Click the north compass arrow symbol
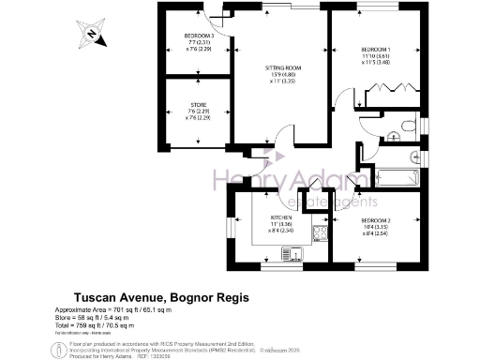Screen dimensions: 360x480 [91, 35]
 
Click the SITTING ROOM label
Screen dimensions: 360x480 [281, 67]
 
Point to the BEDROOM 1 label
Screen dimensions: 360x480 [377, 50]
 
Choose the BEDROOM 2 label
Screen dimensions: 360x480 [377, 222]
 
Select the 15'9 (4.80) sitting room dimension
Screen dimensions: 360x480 [281, 75]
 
